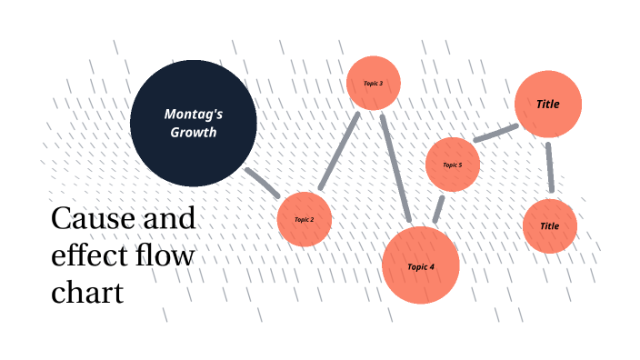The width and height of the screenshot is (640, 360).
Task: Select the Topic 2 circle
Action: coord(304,219)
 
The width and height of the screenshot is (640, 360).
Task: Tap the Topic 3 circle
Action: coord(374,83)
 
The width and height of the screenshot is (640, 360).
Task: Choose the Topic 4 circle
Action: coord(421,265)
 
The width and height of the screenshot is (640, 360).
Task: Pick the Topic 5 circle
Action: coord(453,165)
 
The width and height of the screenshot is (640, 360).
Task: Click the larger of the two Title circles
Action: coord(548,104)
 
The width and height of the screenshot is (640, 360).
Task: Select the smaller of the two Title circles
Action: coord(550,225)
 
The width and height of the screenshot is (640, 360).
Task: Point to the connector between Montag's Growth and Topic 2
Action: coord(264,183)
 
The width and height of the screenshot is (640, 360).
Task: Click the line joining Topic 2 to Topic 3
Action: coord(339,153)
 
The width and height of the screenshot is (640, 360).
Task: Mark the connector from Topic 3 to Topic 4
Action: coord(396,168)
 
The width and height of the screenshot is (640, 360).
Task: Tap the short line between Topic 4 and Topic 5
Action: coord(438,208)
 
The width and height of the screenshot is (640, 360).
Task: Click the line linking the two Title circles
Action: coord(549,167)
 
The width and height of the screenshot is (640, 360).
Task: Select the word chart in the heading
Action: coord(87,293)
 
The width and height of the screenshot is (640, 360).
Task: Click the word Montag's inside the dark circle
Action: coord(194,114)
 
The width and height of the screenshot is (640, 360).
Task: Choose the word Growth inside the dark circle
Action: coord(194,132)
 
